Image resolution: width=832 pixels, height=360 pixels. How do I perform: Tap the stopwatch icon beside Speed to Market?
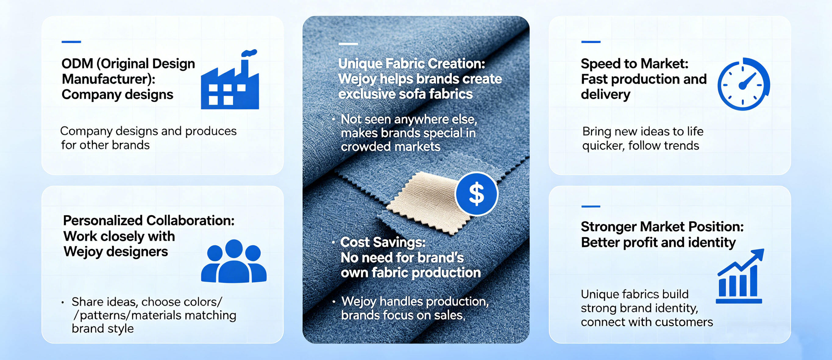[x=744, y=84]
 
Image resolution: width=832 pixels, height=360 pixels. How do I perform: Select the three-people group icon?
[x=233, y=261]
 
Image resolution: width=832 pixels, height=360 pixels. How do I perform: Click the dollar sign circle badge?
[x=476, y=194]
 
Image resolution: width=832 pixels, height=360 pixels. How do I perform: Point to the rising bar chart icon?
[x=740, y=276]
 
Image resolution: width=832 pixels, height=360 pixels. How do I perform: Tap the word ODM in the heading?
[x=77, y=64]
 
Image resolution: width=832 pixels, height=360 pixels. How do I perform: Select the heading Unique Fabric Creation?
[x=411, y=64]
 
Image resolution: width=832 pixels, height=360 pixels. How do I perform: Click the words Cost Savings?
[x=383, y=242]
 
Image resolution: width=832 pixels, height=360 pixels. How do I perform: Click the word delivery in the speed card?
[x=605, y=95]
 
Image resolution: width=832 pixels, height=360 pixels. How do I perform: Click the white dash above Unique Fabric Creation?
[x=348, y=44]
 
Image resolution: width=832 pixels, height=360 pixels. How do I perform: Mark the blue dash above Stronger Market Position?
[x=591, y=206]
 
